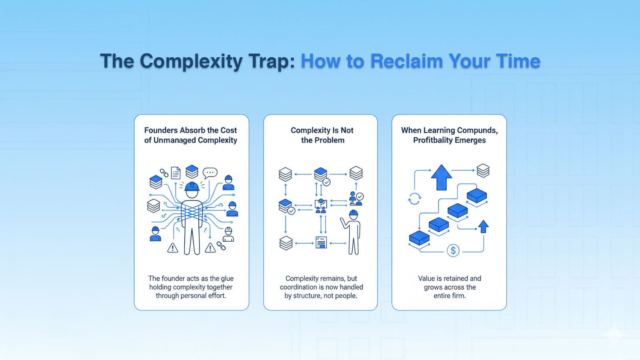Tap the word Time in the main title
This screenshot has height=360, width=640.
[x=518, y=61]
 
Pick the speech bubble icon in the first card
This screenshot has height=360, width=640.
[x=210, y=173]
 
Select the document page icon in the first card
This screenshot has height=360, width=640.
[x=176, y=173]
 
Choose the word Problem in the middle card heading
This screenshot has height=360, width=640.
[x=329, y=140]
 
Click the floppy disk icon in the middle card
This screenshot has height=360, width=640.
[x=321, y=242]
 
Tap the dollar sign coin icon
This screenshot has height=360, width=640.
[x=453, y=251]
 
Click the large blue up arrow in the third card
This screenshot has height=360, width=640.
[x=441, y=177]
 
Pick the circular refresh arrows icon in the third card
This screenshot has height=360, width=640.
[x=414, y=198]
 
